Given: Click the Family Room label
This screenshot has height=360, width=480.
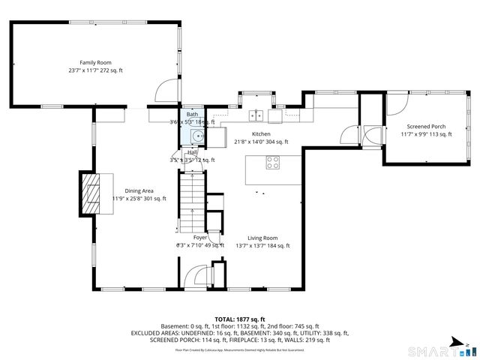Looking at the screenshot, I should pos(95,62).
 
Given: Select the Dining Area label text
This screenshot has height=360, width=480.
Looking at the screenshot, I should pos(139,190).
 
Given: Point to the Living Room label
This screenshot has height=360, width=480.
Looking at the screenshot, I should pos(262,238).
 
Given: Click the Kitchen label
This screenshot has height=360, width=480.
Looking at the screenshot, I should pos(261,133).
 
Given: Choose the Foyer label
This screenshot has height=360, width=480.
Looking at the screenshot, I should pos(200,238).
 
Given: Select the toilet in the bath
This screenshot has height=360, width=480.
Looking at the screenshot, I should pos(196,136).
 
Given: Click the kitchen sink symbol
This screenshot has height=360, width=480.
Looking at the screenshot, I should pos(256,115).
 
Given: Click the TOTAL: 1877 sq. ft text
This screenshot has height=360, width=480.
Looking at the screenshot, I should pos(240,319).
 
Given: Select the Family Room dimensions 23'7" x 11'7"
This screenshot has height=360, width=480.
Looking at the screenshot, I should pos(95,70).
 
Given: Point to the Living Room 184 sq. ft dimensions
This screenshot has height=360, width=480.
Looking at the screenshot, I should pos(262,245).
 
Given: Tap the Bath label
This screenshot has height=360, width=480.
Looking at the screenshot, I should pos(193,114).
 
